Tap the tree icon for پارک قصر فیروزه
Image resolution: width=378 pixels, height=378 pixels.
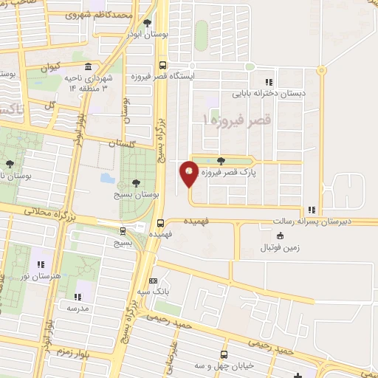point(222,162)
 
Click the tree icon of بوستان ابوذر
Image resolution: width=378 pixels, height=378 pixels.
point(147,24)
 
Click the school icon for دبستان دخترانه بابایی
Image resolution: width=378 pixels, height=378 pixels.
point(269,82)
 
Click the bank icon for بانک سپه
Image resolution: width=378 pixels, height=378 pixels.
point(153,281)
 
